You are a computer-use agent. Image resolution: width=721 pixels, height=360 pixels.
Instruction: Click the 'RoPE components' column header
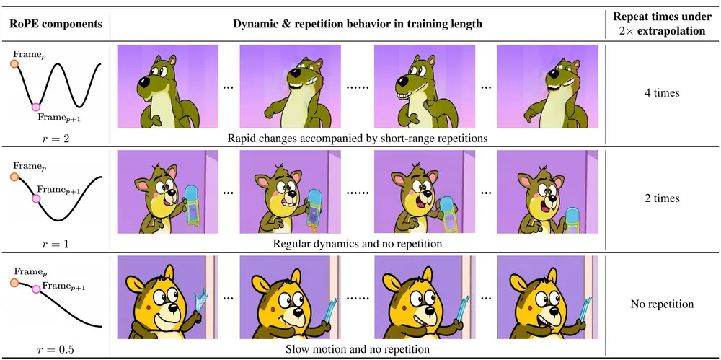point(56,24)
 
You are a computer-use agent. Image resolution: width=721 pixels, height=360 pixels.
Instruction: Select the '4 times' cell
point(663,93)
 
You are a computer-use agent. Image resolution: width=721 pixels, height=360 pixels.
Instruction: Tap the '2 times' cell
point(663,198)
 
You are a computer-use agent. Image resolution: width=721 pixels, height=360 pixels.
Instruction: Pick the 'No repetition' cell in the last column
point(662,304)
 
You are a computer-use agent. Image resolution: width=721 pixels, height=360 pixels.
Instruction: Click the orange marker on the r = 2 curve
point(14,64)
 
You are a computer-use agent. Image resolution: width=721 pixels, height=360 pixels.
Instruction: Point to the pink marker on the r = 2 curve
point(36,107)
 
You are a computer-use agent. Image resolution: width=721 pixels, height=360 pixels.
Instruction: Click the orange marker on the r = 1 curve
point(14,177)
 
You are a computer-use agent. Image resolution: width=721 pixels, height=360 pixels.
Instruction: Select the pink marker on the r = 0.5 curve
point(36,289)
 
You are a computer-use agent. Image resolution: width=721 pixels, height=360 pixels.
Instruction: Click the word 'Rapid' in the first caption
point(241,138)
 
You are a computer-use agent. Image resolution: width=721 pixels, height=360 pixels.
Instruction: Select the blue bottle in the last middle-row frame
point(572,221)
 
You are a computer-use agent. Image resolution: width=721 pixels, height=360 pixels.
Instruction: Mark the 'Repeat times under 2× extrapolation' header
point(662,24)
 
